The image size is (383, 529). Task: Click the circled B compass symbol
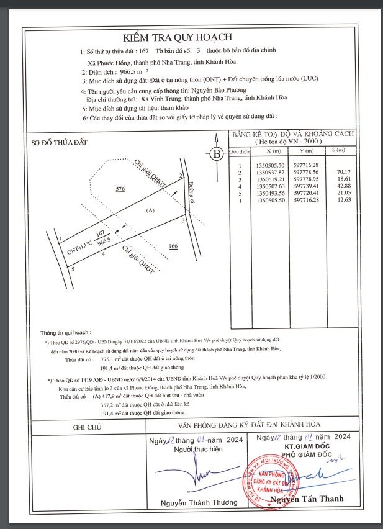click(217, 154)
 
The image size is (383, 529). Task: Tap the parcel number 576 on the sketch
click(120, 187)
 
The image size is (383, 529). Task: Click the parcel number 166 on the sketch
click(174, 246)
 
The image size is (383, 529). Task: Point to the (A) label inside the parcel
click(149, 211)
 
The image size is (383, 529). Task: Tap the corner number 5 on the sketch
click(73, 269)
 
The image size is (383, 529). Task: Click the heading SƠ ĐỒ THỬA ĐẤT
click(60, 143)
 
